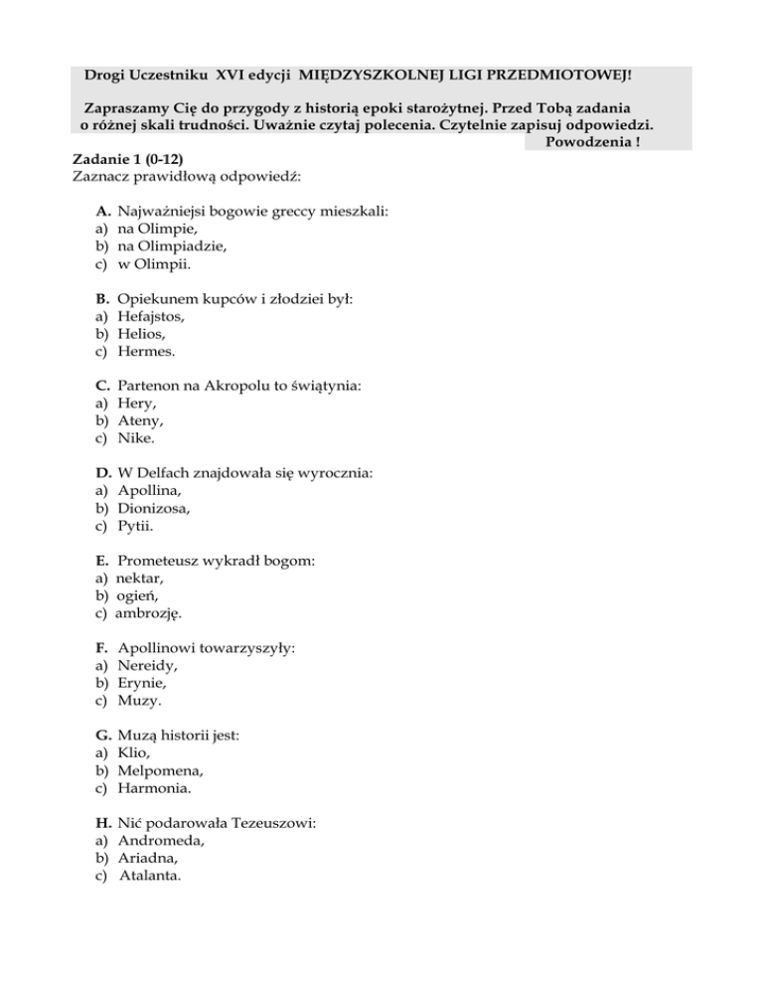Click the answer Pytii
135,526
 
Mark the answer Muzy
137,700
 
